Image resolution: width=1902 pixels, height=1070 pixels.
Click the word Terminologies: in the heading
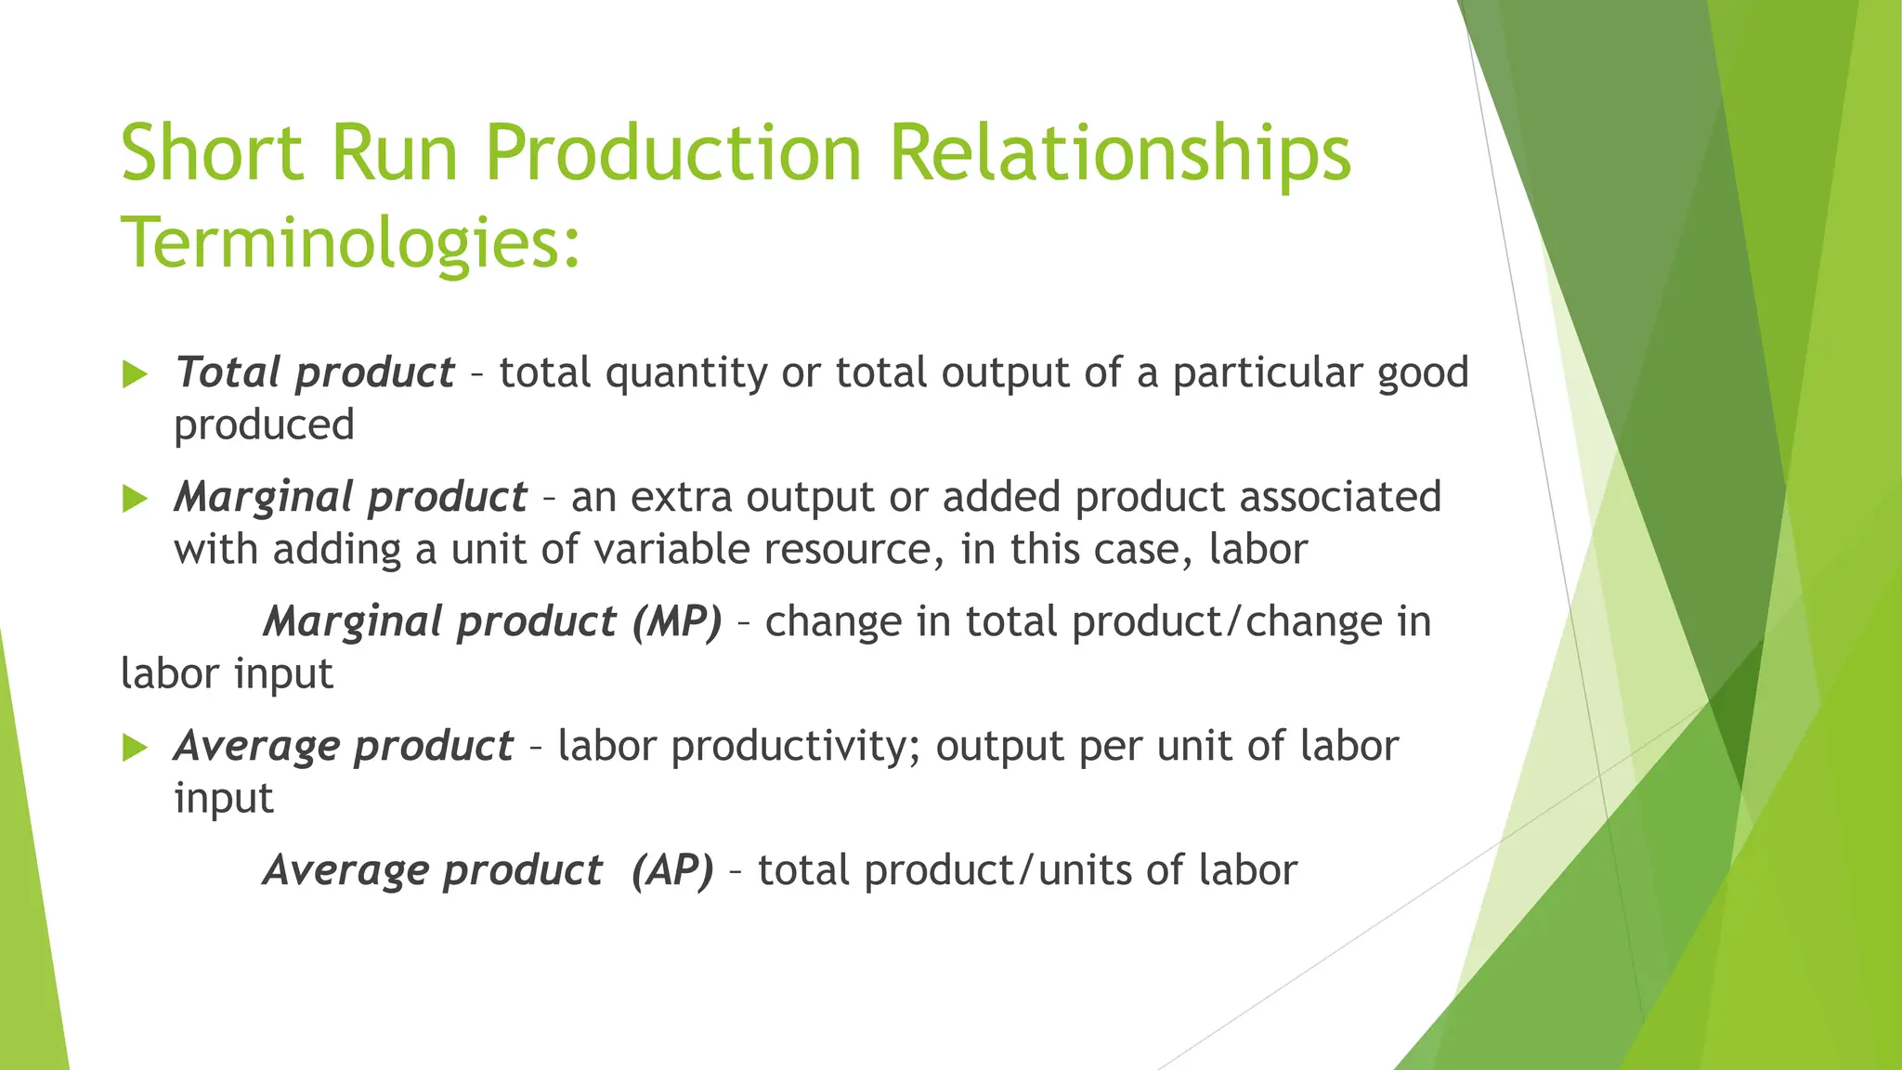click(x=350, y=243)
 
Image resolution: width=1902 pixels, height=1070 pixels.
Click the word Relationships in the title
click(x=1120, y=153)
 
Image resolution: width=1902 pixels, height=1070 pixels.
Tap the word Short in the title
click(x=212, y=153)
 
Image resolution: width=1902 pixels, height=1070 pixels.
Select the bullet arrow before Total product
click(x=136, y=375)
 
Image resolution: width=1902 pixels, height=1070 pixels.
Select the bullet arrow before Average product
click(x=136, y=748)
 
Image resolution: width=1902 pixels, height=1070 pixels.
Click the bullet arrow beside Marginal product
click(x=136, y=500)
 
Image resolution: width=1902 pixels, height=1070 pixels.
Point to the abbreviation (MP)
click(x=676, y=622)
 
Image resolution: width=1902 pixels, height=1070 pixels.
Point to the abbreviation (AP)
click(x=672, y=871)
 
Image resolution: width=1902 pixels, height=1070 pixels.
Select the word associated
click(x=1340, y=498)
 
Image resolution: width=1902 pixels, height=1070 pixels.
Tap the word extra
click(x=682, y=498)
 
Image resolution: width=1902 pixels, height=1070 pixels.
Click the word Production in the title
click(x=673, y=153)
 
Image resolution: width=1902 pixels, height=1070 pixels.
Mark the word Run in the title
click(x=395, y=153)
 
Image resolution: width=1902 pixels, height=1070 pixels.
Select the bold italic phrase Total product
click(x=314, y=373)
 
